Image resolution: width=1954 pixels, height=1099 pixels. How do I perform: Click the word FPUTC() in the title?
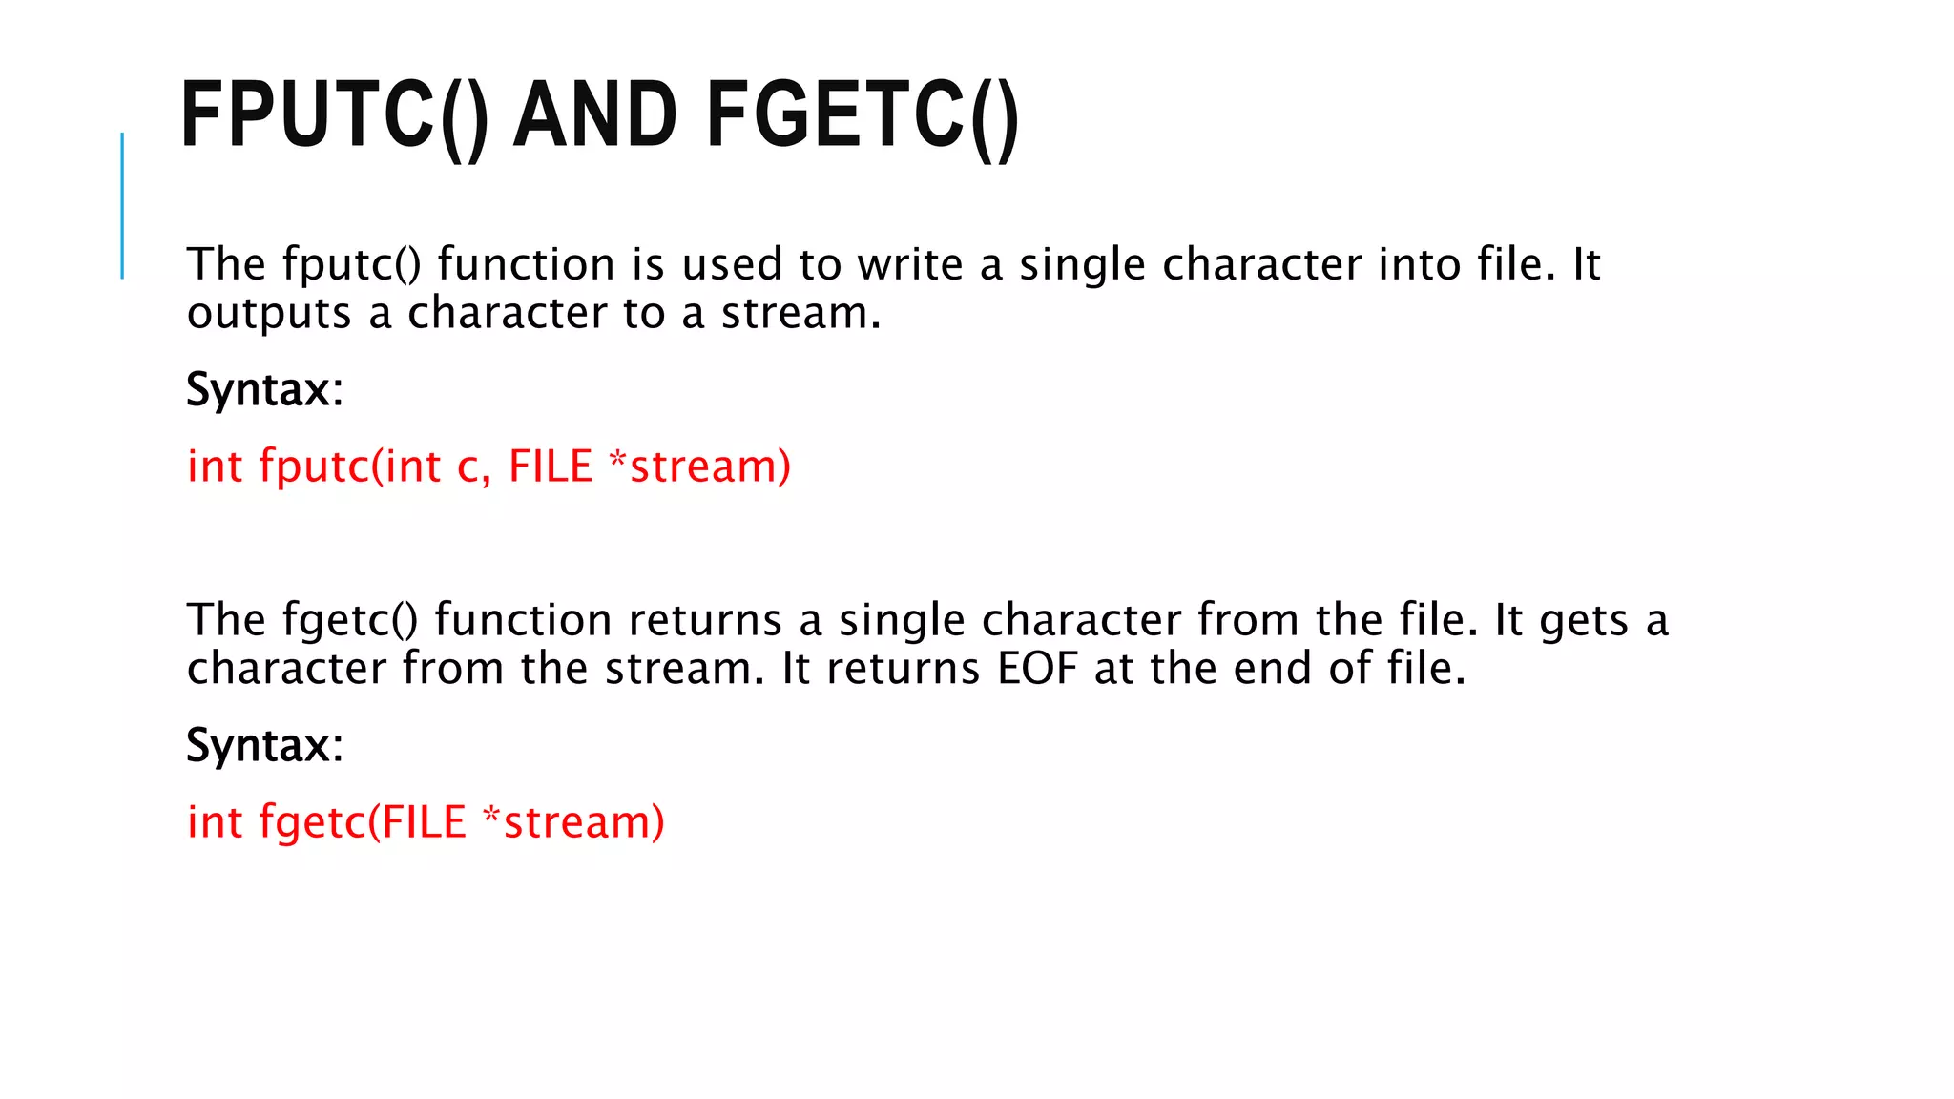334,115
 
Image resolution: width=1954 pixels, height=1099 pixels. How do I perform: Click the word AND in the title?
595,115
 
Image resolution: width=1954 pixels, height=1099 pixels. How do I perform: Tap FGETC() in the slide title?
863,115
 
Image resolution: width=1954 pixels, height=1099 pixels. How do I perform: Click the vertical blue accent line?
122,205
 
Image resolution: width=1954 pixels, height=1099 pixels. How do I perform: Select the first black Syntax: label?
264,389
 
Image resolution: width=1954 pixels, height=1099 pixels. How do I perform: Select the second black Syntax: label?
264,745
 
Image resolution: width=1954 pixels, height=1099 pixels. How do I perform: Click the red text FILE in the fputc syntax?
551,467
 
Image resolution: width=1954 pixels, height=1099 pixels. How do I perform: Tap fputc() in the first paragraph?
351,264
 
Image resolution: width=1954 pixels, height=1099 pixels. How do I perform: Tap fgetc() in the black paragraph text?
350,620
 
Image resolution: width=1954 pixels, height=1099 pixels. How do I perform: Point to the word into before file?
1419,264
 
